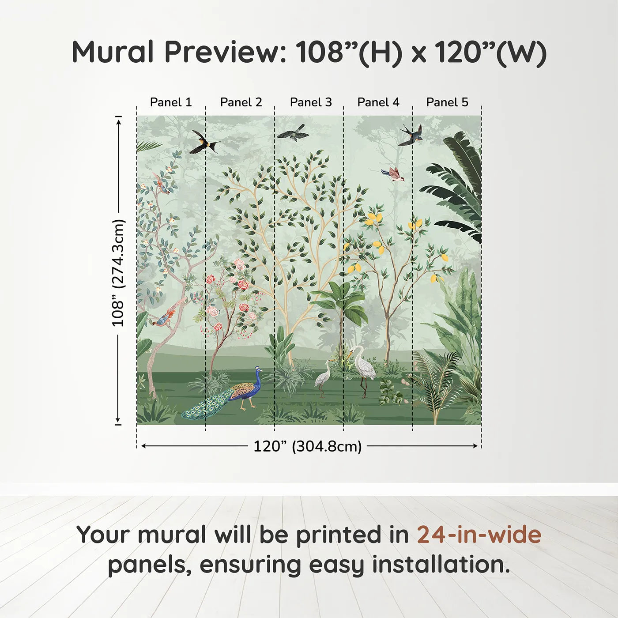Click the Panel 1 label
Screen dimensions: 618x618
click(x=171, y=102)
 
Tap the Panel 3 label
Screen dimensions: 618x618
click(x=310, y=102)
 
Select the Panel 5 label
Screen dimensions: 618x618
click(x=447, y=102)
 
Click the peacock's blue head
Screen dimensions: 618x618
click(x=258, y=370)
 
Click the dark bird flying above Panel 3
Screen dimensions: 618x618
click(x=292, y=132)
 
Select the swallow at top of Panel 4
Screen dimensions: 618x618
click(x=411, y=136)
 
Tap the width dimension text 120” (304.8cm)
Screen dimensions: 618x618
click(x=307, y=446)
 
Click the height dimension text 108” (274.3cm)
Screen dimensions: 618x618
click(x=118, y=273)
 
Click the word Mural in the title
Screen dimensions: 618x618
click(x=113, y=52)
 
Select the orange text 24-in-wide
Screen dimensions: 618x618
click(x=479, y=535)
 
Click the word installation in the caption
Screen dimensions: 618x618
click(x=440, y=565)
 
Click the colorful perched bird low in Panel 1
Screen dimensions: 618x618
click(x=165, y=318)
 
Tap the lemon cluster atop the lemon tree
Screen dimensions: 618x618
click(x=374, y=218)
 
